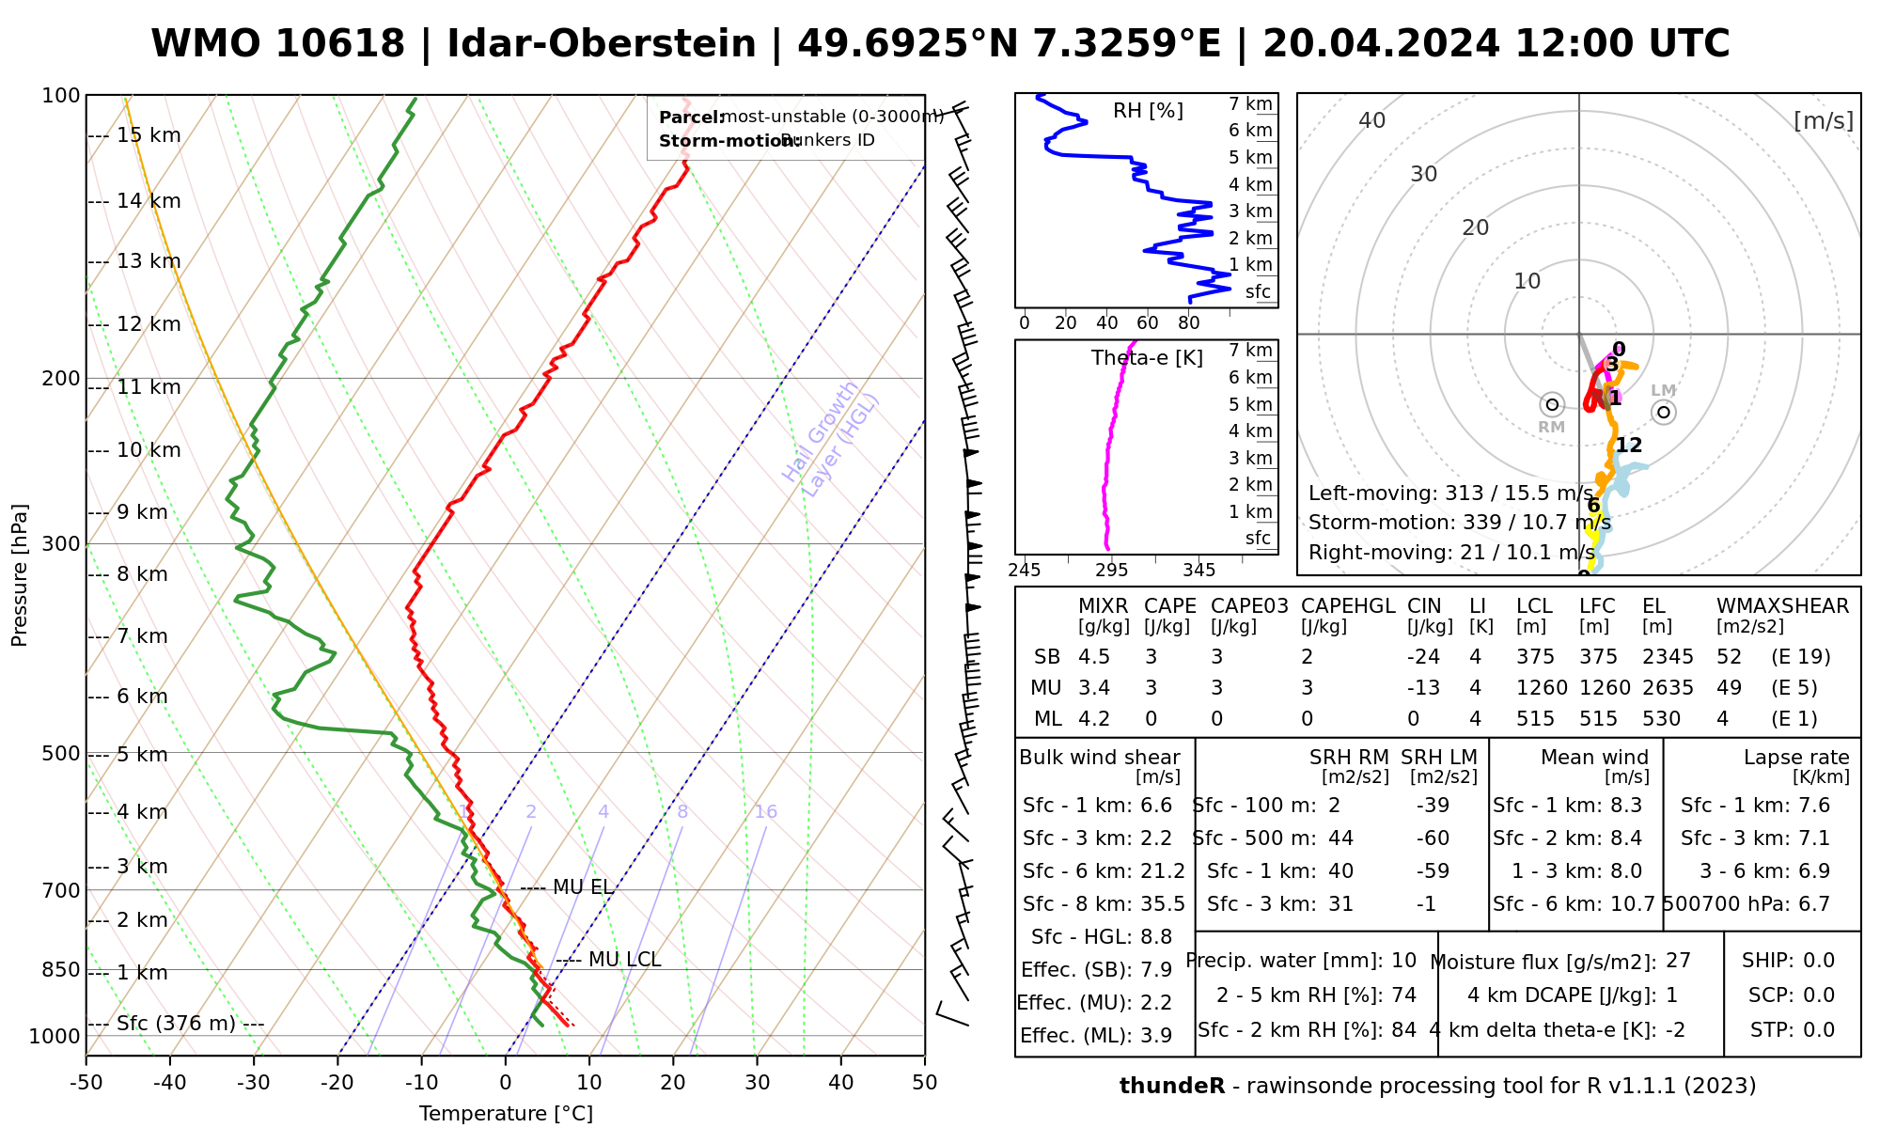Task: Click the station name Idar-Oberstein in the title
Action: [602, 44]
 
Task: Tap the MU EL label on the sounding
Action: [583, 887]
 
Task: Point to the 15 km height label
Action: [149, 135]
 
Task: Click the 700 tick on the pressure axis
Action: [62, 890]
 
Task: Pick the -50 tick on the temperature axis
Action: [86, 1083]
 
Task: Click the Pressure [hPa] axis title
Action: [20, 575]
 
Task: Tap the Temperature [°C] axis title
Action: [506, 1114]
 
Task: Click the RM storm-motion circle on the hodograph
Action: [1552, 405]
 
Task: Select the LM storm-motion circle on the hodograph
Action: [1664, 412]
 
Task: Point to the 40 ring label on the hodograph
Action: [1372, 120]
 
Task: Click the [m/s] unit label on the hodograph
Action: [1823, 120]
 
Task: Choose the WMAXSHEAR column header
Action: [1782, 606]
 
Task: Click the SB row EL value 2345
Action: [1668, 657]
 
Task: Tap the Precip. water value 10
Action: [1403, 961]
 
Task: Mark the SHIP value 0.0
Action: [1818, 961]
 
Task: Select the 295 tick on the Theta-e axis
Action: [1112, 570]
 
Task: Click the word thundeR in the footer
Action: [1172, 1087]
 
